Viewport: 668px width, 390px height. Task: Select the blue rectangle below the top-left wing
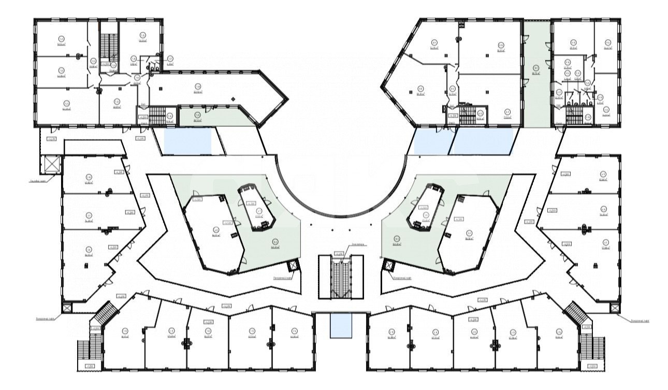[x=187, y=141]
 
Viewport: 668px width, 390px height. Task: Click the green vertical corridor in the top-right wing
[x=535, y=73]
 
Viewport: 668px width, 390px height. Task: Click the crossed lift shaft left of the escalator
[x=294, y=266]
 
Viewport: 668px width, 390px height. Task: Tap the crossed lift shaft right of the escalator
[x=387, y=266]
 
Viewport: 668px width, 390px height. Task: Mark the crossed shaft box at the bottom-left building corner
[x=67, y=308]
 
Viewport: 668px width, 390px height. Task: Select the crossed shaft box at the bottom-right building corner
[x=615, y=308]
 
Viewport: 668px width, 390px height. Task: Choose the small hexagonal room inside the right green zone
[x=426, y=207]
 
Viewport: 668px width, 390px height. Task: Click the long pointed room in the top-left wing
[x=212, y=88]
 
